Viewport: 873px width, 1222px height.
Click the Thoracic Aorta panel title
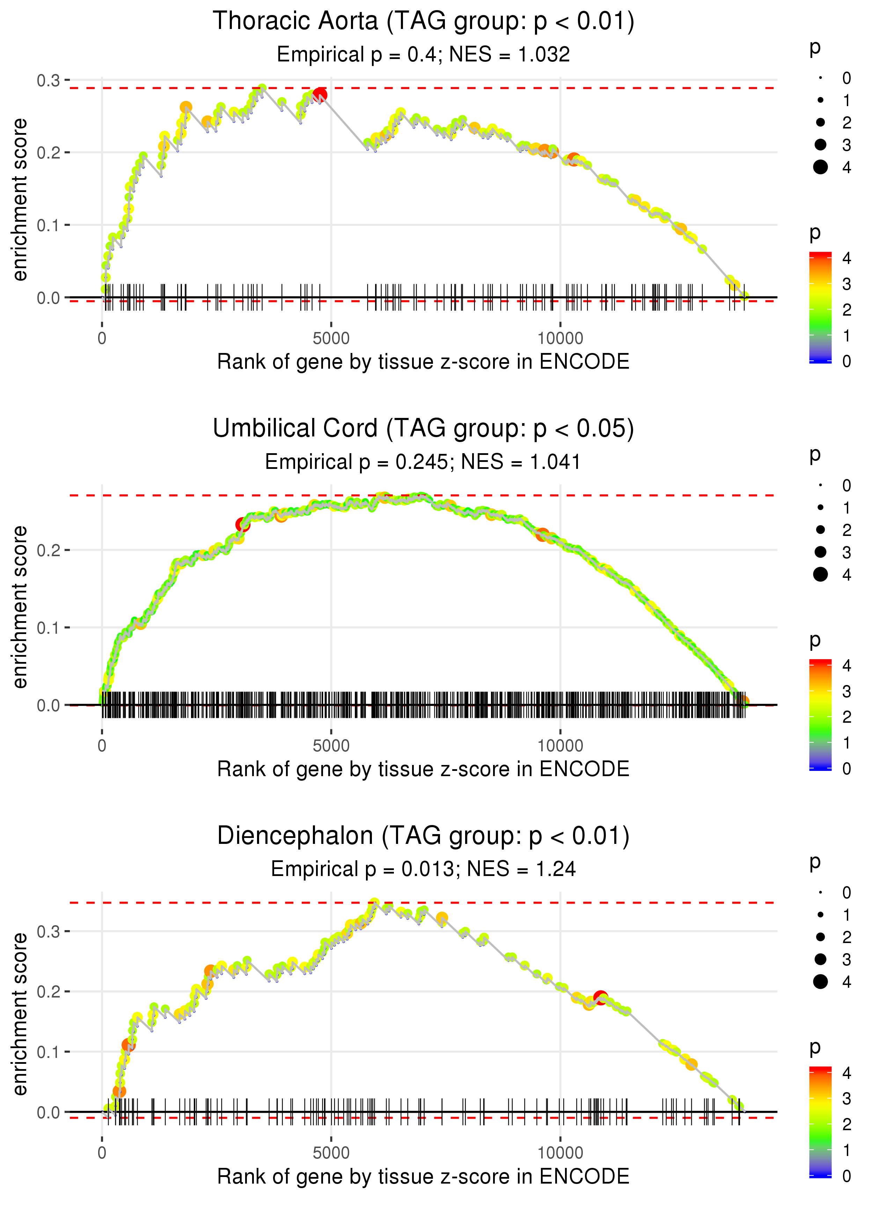423,22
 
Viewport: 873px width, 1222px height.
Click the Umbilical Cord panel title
423,429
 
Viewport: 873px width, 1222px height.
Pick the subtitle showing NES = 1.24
423,869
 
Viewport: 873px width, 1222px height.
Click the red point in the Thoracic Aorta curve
320,95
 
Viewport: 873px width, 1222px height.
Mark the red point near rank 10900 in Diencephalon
601,998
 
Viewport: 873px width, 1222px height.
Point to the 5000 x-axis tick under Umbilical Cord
331,746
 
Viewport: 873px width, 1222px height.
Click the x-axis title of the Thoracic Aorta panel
423,362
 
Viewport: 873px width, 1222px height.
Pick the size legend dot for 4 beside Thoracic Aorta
820,167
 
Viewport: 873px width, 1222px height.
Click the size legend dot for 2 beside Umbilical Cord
820,530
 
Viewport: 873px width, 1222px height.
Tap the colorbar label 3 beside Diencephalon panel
847,1098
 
